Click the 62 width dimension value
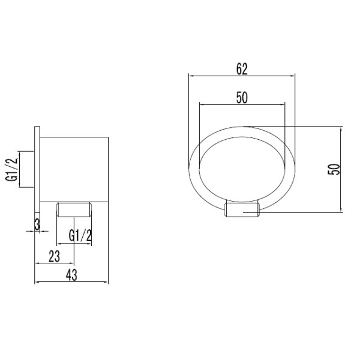click(x=241, y=68)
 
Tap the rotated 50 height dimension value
click(x=335, y=169)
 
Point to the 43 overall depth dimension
click(x=71, y=275)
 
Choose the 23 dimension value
click(x=54, y=256)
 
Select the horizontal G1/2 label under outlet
click(x=80, y=236)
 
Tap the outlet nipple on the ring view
click(x=243, y=211)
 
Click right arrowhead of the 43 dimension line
click(x=106, y=283)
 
